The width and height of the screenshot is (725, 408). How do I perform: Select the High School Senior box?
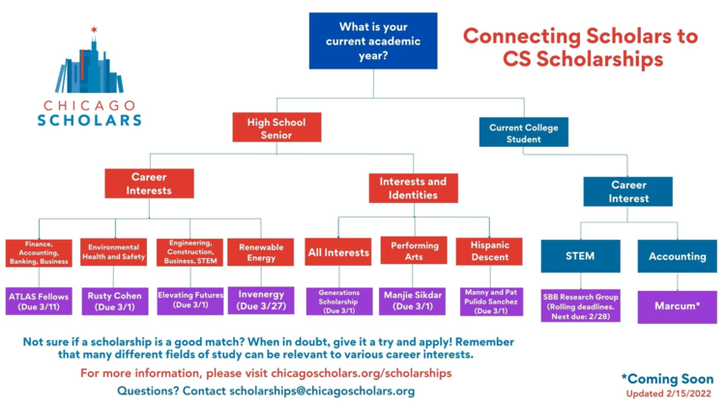(x=275, y=128)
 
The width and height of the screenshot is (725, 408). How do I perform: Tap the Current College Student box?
(x=524, y=131)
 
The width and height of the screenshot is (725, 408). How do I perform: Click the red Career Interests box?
(x=149, y=184)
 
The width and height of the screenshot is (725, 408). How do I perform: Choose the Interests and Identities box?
(x=413, y=188)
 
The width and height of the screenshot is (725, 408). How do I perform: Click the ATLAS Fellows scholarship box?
(x=40, y=301)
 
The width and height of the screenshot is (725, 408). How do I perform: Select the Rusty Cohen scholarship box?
(x=114, y=301)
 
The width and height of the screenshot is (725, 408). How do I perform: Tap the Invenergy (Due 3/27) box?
(x=260, y=301)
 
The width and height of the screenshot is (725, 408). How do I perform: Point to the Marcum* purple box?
(x=677, y=306)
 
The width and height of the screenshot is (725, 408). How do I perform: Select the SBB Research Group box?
(x=580, y=306)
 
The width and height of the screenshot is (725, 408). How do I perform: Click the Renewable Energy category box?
(x=260, y=252)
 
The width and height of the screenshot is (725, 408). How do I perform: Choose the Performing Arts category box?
(x=414, y=251)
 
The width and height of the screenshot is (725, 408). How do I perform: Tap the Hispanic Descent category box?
(x=488, y=251)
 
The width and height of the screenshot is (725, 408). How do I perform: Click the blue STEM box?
(x=580, y=256)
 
